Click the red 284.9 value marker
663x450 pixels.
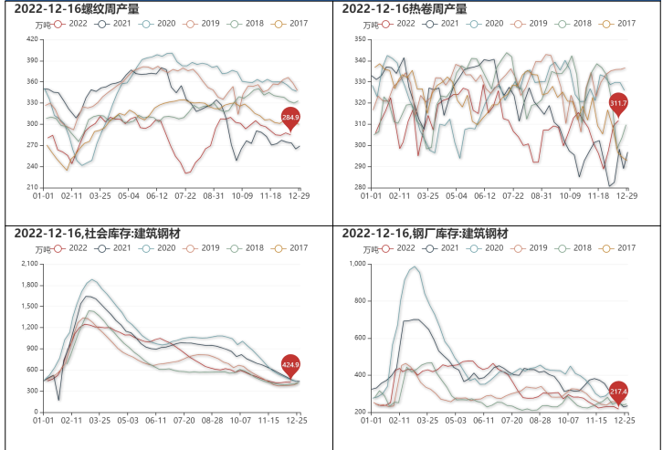click(x=290, y=118)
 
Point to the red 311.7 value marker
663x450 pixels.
click(x=618, y=103)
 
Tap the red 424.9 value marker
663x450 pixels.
click(x=290, y=365)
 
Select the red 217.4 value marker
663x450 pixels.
click(x=618, y=392)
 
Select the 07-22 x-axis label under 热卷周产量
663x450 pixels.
click(x=511, y=195)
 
